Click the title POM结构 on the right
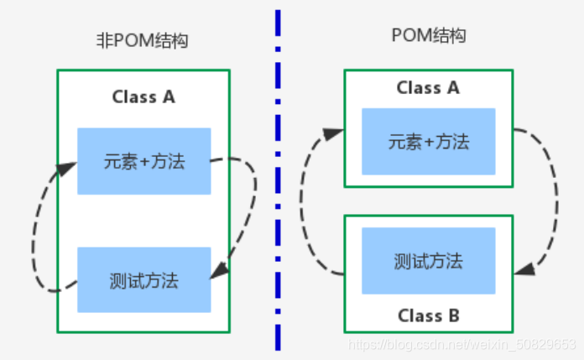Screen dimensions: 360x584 coord(428,35)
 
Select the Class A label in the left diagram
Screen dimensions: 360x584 coord(143,97)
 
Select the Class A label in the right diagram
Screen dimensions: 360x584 coord(428,88)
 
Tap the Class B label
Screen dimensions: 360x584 coord(428,316)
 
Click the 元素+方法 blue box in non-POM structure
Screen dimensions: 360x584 coord(143,161)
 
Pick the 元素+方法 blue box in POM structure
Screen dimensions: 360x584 coord(428,141)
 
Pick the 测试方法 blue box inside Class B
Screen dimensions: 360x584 coord(428,260)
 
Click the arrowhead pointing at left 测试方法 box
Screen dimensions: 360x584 coord(220,271)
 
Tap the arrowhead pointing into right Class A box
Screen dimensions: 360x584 coord(335,132)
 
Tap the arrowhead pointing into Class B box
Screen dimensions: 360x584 coord(523,270)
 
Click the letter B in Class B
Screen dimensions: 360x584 coord(453,316)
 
